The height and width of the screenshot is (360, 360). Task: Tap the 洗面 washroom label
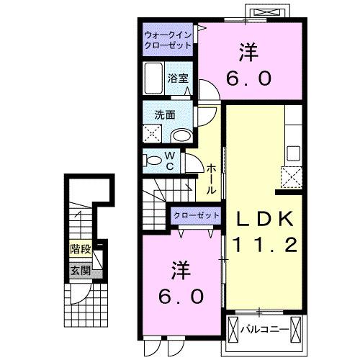(163, 113)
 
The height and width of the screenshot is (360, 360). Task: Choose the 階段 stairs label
(80, 250)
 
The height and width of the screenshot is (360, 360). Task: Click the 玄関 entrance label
(80, 271)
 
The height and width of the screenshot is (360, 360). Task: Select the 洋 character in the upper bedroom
(248, 52)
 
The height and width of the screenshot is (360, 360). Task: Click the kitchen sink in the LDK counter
(293, 153)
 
